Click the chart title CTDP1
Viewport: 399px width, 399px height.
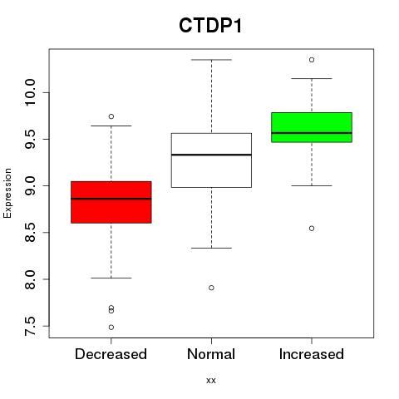[x=210, y=26]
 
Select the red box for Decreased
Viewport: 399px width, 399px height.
[x=111, y=202]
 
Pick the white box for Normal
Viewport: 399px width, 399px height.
[x=211, y=160]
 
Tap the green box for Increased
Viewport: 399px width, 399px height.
[x=312, y=127]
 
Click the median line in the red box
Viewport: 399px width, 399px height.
[x=111, y=199]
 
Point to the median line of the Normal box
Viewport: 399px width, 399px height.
[x=211, y=155]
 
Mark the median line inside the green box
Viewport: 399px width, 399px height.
[x=312, y=133]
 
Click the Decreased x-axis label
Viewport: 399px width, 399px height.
[x=111, y=354]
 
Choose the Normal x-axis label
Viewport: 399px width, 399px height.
[x=211, y=354]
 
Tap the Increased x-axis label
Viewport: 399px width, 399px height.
[x=312, y=354]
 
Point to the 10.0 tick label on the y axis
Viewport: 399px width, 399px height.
[x=30, y=92]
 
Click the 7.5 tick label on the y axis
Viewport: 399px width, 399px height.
[x=30, y=326]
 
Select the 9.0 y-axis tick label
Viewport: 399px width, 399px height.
[x=30, y=185]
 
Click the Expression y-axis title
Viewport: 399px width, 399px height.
[x=7, y=193]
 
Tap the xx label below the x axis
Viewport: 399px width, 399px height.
[x=211, y=381]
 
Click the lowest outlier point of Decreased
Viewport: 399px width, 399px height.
[x=111, y=328]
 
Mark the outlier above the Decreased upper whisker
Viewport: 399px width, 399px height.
[x=111, y=116]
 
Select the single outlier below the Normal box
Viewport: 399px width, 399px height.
[x=211, y=288]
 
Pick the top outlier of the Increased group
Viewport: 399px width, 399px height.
[x=312, y=60]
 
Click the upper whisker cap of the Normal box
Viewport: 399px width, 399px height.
[x=211, y=60]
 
